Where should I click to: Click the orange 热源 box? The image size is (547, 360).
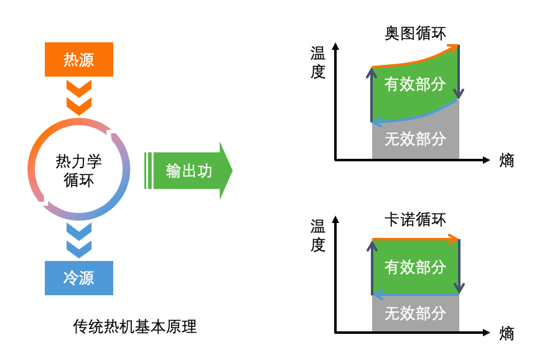click(78, 59)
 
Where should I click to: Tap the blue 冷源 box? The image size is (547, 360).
click(78, 277)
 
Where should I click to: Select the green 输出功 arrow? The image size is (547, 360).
click(189, 171)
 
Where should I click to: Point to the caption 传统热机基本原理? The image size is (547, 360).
click(135, 326)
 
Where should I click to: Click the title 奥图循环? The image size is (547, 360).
click(415, 33)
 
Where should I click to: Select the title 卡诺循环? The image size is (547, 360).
click(415, 220)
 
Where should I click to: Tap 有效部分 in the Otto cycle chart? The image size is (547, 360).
click(415, 84)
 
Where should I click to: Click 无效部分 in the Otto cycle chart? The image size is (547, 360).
click(415, 138)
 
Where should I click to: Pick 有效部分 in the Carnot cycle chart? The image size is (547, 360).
click(415, 267)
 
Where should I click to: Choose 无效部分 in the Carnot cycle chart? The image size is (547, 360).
click(415, 313)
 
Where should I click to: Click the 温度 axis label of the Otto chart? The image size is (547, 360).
click(318, 63)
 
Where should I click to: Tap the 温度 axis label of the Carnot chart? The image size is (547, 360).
click(318, 235)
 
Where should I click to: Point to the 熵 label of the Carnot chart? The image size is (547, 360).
click(507, 333)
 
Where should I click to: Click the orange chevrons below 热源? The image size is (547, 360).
click(78, 97)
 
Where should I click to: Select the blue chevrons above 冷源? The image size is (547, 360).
click(78, 240)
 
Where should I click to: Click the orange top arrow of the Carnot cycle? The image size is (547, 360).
click(415, 239)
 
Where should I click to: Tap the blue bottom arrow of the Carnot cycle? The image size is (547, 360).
click(415, 295)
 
